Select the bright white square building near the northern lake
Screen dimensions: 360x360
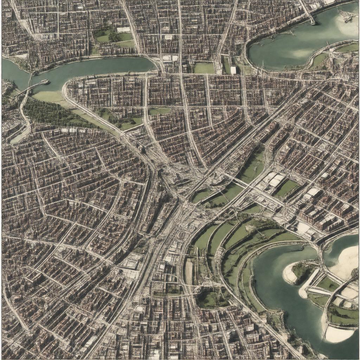click(x=233, y=70)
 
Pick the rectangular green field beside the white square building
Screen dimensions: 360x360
click(x=204, y=68)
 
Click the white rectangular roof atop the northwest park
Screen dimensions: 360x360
click(x=123, y=30)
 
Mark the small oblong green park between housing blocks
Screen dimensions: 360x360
click(x=159, y=111)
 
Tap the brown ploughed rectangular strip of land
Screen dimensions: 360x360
click(x=189, y=272)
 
